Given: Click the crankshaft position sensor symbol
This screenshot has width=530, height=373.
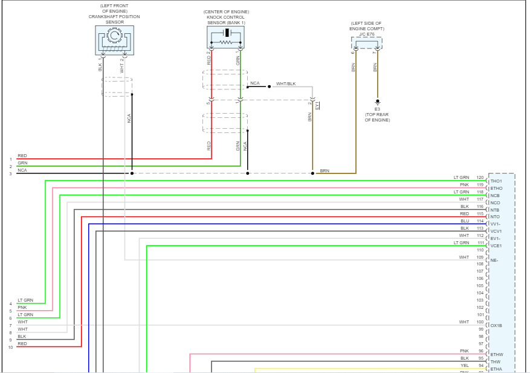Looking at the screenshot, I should coord(114,40).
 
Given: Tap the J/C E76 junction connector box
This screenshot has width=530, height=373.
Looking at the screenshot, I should coord(367,42).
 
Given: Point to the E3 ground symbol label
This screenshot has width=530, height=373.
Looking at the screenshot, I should coord(377,109).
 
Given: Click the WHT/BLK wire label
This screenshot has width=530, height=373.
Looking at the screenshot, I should coord(286,83).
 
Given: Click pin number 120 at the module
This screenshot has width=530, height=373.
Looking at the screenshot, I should coord(480,178).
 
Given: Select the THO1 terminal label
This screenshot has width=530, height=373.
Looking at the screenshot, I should coord(496,181).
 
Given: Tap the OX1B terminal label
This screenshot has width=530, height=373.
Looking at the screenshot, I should coord(496,326).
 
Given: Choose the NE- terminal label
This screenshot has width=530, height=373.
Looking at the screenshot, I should coord(494,261).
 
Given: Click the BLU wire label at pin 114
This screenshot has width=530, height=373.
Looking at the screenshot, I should coord(464,221).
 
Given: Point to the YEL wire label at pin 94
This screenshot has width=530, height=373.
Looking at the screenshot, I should coord(464,366).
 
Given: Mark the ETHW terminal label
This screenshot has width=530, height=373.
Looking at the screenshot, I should coord(497,355).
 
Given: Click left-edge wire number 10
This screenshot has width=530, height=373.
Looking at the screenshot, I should coord(10,347).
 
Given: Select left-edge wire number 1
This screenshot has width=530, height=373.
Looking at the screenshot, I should coord(10,159).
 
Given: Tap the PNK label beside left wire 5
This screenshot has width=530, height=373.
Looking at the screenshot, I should coord(22,308).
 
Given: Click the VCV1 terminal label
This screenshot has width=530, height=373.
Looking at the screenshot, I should coord(496,232).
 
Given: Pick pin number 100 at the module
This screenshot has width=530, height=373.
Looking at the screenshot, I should coord(480,322).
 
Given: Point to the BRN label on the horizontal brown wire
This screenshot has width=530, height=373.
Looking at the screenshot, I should coord(325,171).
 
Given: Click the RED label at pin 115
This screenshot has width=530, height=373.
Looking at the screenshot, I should coord(464,214).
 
